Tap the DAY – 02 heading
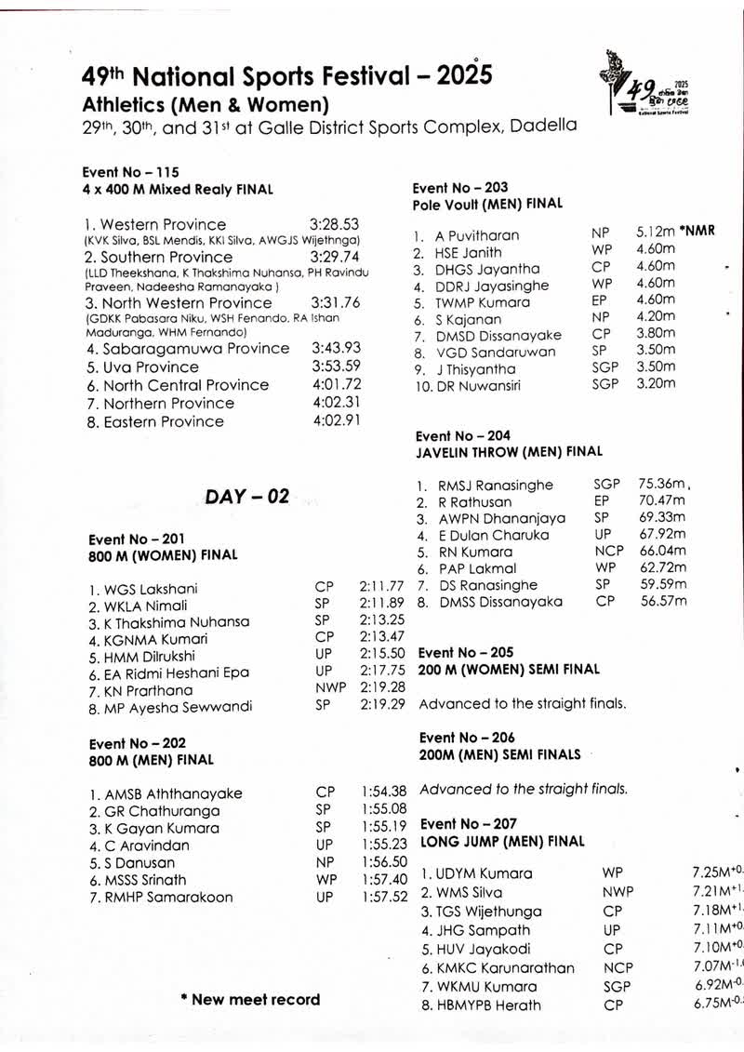247,497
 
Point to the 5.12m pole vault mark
657,231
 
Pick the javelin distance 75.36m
662,484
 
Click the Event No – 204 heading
463,435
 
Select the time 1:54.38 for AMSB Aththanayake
383,792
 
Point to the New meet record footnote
250,1000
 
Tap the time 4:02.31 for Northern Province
336,403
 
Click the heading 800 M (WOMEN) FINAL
163,555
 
